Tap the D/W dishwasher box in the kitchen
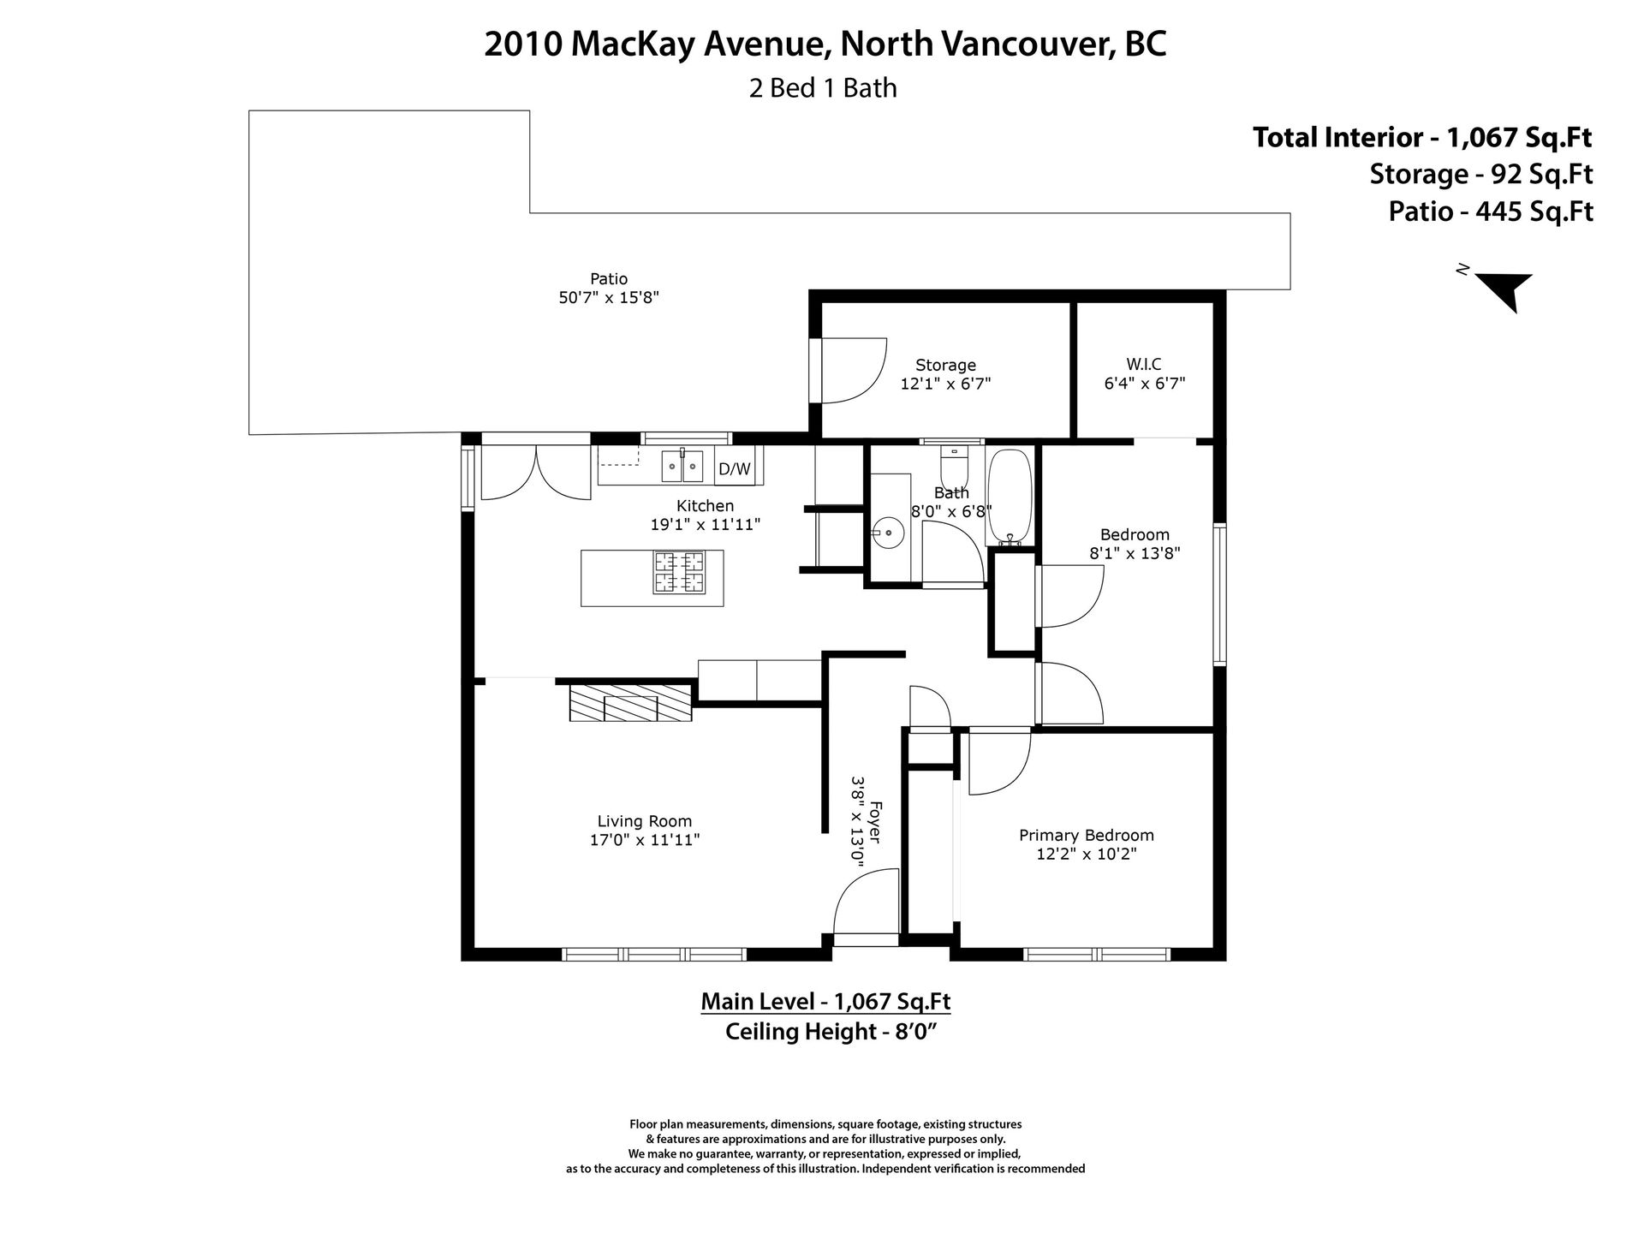pyautogui.click(x=734, y=468)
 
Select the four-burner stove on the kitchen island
pyautogui.click(x=680, y=572)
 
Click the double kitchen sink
pyautogui.click(x=682, y=466)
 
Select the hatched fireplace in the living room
pyautogui.click(x=631, y=702)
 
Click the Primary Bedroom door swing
pyautogui.click(x=998, y=761)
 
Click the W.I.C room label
pyautogui.click(x=1144, y=364)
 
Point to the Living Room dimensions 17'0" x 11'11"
pyautogui.click(x=645, y=840)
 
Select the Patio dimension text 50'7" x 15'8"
pyautogui.click(x=608, y=297)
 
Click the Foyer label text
pyautogui.click(x=874, y=821)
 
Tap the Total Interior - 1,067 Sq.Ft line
pyautogui.click(x=1422, y=137)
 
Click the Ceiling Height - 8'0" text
pyautogui.click(x=828, y=1032)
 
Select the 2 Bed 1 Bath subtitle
pyautogui.click(x=823, y=88)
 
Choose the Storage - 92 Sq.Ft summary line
pyautogui.click(x=1481, y=174)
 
